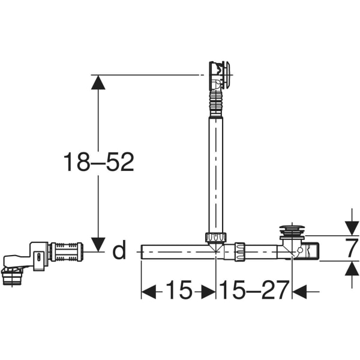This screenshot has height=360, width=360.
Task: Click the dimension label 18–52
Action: click(x=99, y=163)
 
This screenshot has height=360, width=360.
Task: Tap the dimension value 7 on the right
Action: click(x=352, y=248)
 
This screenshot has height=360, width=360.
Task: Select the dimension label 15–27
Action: click(x=254, y=290)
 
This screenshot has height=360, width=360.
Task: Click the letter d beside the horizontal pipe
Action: click(x=119, y=250)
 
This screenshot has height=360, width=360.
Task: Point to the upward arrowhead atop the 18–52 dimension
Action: click(x=98, y=82)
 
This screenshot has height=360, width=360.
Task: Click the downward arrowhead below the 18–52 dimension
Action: click(x=98, y=244)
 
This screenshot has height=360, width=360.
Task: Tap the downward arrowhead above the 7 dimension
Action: click(x=352, y=228)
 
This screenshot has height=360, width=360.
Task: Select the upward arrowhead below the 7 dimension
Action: click(x=352, y=269)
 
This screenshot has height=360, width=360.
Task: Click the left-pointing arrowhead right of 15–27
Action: click(x=299, y=292)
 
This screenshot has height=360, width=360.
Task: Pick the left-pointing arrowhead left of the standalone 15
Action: click(x=149, y=292)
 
